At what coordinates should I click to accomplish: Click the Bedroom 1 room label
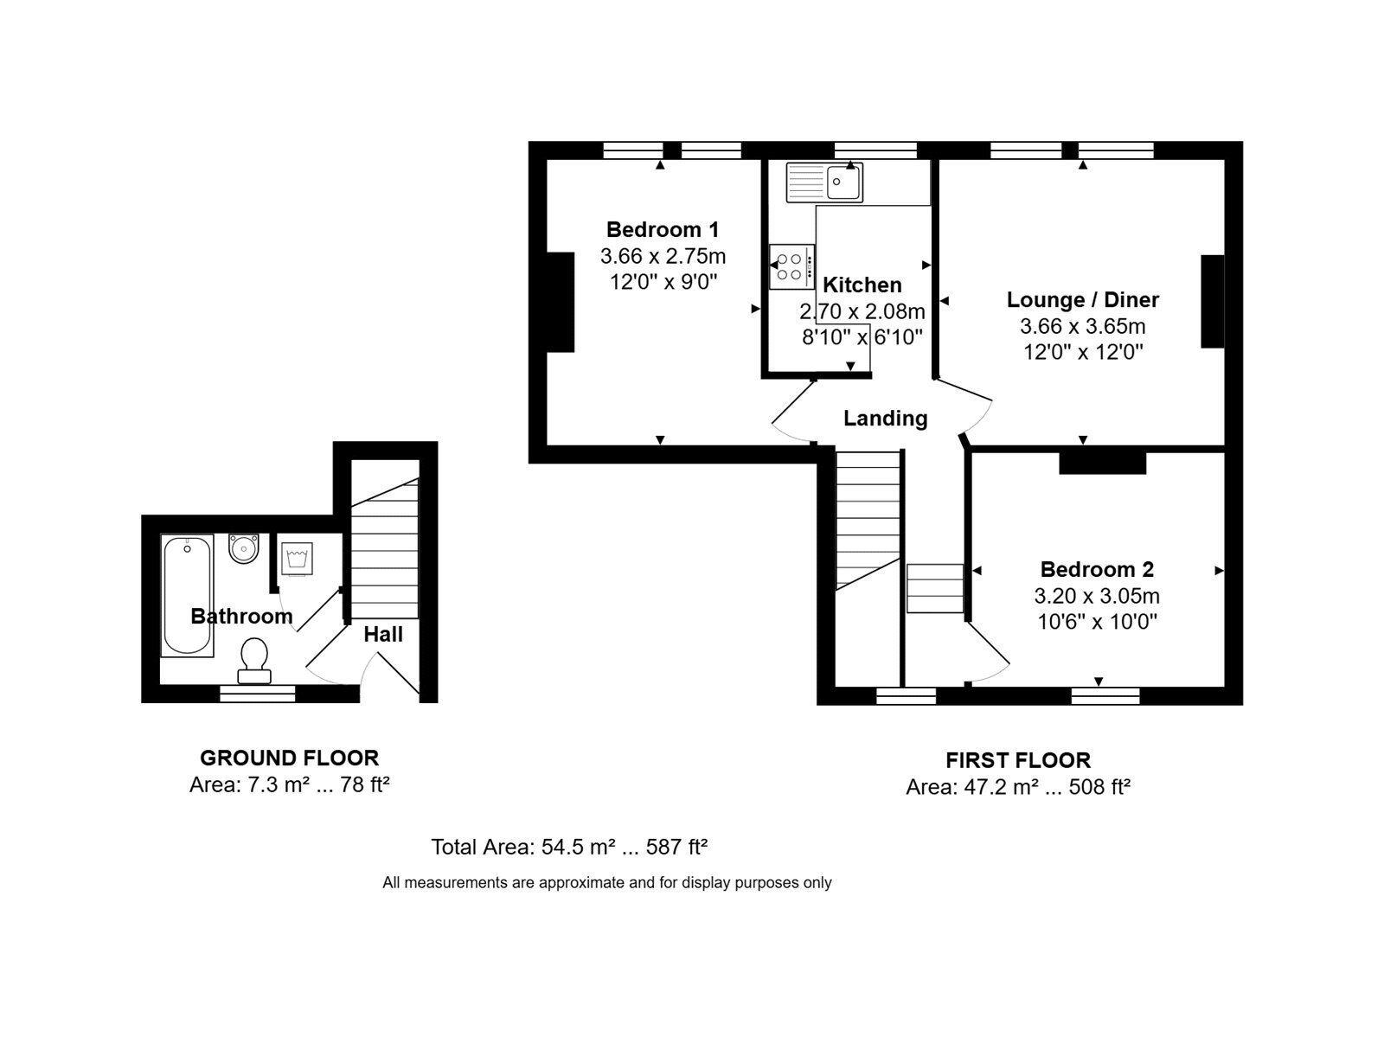(662, 229)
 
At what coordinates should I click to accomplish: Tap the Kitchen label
(862, 285)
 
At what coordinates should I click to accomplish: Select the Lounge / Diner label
(1083, 299)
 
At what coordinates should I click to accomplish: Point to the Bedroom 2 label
(1097, 569)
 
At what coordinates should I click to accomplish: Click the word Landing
(885, 418)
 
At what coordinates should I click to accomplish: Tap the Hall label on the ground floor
(382, 634)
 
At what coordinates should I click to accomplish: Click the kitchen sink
(824, 182)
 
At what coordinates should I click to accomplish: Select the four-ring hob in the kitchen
(791, 266)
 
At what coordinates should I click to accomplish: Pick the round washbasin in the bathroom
(243, 548)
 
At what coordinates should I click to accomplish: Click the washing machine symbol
(296, 559)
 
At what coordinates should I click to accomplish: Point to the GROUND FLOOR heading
(290, 758)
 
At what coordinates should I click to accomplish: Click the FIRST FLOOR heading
(1017, 760)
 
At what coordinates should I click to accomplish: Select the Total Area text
(568, 847)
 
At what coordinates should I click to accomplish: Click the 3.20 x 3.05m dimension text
(1097, 596)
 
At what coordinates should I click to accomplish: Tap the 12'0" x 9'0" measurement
(663, 282)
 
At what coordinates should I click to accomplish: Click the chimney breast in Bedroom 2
(1102, 464)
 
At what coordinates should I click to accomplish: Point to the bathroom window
(257, 694)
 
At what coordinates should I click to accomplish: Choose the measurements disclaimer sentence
(606, 882)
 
